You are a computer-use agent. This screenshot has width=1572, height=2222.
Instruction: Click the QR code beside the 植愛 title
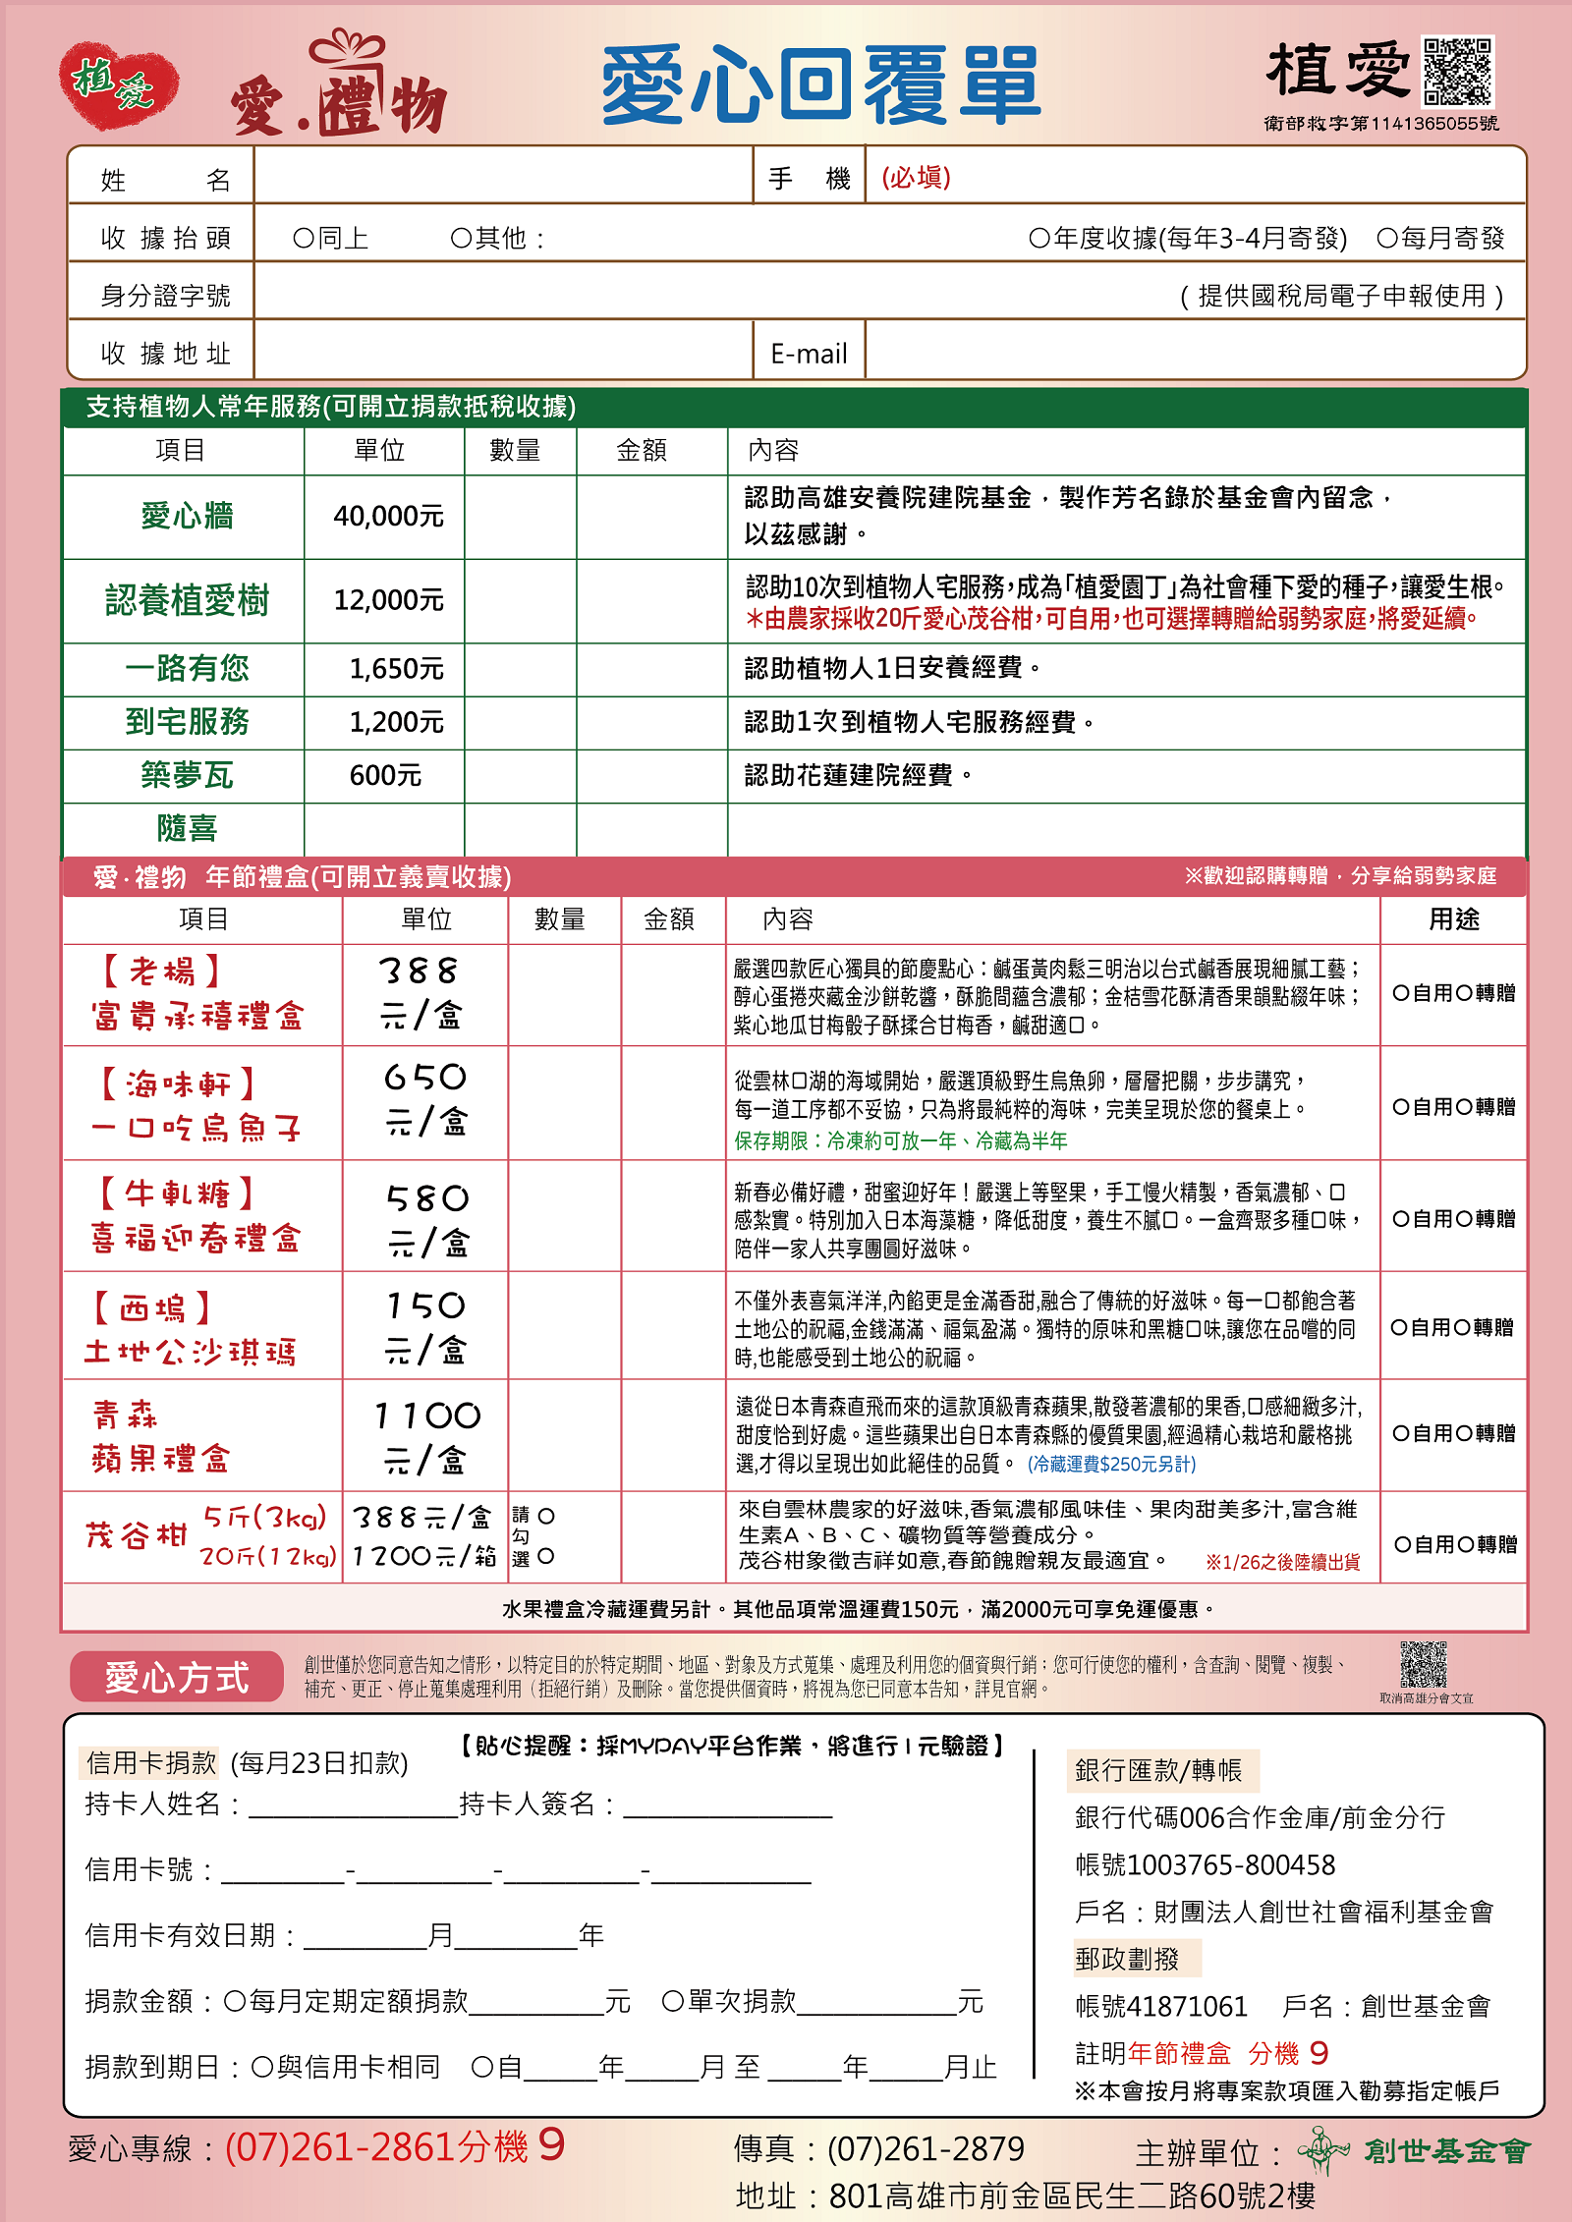1458,71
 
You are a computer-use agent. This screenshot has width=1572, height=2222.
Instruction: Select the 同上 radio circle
304,239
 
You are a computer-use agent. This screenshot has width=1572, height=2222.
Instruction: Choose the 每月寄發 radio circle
1387,238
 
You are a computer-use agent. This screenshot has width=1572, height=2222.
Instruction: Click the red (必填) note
916,177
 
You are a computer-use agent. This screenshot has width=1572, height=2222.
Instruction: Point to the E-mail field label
809,354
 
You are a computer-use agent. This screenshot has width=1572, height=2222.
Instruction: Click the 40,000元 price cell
388,516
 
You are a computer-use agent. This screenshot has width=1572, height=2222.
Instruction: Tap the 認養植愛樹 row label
187,600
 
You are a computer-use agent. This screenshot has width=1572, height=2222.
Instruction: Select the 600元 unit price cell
385,775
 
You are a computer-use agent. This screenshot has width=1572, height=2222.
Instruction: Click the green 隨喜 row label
187,828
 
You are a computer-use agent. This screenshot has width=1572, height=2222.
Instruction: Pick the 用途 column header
1453,918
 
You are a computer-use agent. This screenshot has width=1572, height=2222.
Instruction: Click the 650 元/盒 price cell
424,1099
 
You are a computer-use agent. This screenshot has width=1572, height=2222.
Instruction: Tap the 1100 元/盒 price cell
426,1436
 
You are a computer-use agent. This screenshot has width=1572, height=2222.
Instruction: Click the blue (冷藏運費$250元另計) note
1111,1464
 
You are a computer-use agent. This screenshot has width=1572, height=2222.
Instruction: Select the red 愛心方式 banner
177,1677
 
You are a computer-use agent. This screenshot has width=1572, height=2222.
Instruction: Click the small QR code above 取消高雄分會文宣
1424,1663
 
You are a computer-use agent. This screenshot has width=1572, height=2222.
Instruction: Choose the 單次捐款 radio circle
673,2001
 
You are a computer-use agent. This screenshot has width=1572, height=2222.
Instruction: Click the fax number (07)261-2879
926,2149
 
